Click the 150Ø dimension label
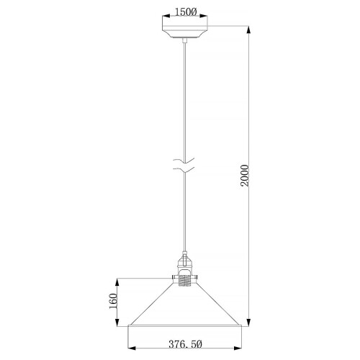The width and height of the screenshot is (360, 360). pos(186,12)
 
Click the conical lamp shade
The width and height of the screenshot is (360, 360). pos(186,306)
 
